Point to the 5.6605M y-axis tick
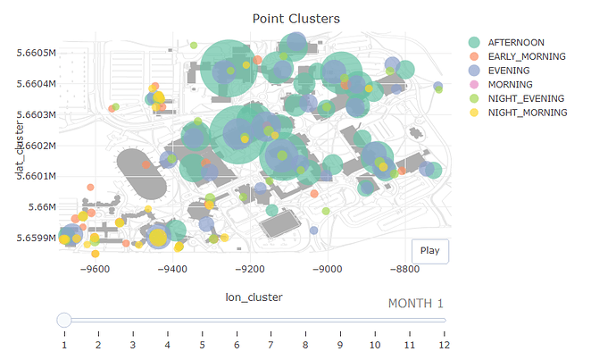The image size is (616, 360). pyautogui.click(x=37, y=53)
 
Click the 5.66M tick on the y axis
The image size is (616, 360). pyautogui.click(x=41, y=207)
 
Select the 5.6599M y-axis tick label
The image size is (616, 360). pyautogui.click(x=37, y=238)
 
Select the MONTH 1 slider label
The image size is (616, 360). pyautogui.click(x=415, y=304)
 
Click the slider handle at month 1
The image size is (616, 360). pyautogui.click(x=64, y=320)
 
